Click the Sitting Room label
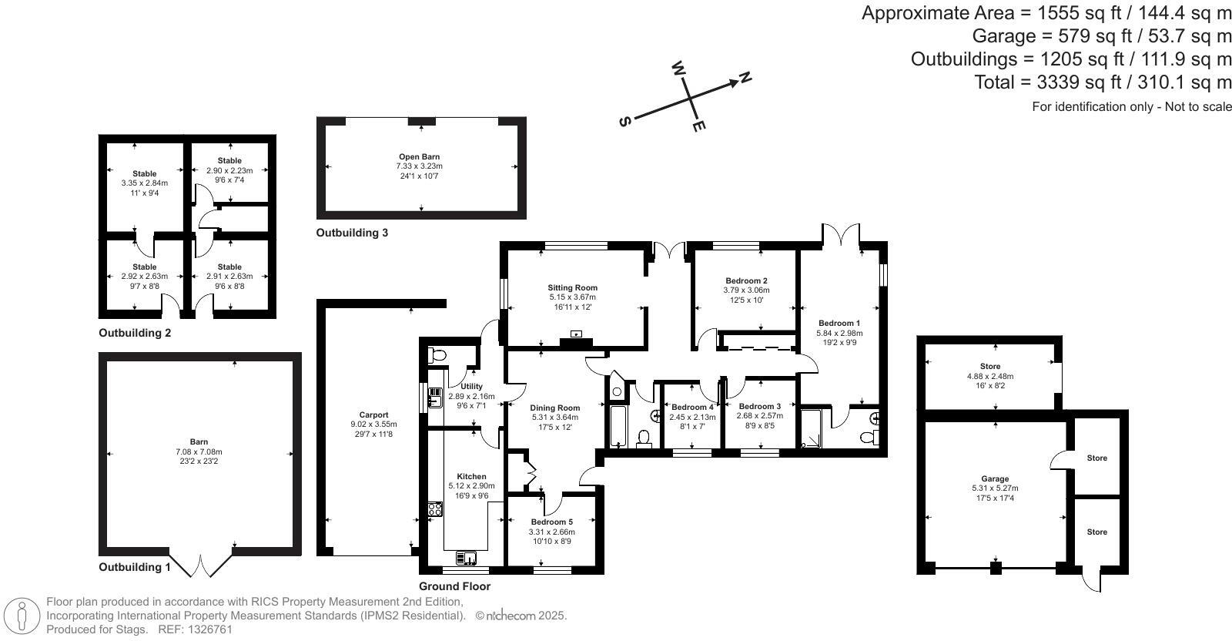pyautogui.click(x=572, y=287)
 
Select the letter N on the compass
pyautogui.click(x=745, y=77)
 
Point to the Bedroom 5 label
pyautogui.click(x=551, y=522)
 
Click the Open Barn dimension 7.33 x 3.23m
pyautogui.click(x=420, y=166)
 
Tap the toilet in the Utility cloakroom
pyautogui.click(x=438, y=355)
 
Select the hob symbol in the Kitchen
pyautogui.click(x=435, y=508)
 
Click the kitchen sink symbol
pyautogui.click(x=467, y=558)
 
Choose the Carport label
pyautogui.click(x=374, y=414)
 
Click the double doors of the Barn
pyautogui.click(x=200, y=565)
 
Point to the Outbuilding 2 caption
pyautogui.click(x=135, y=334)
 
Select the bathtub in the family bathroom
pyautogui.click(x=618, y=426)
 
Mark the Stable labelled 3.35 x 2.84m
pyautogui.click(x=144, y=183)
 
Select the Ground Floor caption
pyautogui.click(x=454, y=586)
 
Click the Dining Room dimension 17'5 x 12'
pyautogui.click(x=554, y=427)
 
